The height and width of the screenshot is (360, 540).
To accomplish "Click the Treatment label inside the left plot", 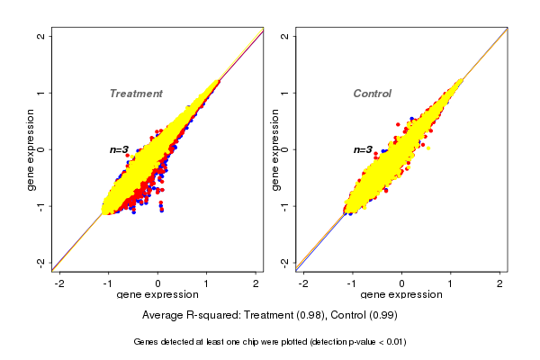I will (136, 94).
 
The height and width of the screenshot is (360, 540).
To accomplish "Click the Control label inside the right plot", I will (372, 94).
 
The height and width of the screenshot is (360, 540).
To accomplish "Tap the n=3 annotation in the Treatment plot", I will (120, 149).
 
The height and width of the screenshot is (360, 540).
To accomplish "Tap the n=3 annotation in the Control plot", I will (363, 149).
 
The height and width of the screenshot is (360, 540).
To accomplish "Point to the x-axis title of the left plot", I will (157, 295).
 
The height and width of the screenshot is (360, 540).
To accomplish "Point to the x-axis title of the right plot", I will (401, 295).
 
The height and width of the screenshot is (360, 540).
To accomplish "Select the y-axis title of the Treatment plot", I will (31, 149).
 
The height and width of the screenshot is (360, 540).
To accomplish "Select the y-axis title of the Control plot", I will (274, 149).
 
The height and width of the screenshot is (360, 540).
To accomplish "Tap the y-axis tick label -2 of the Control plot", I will (285, 262).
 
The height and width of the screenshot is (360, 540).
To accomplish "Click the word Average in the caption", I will (164, 316).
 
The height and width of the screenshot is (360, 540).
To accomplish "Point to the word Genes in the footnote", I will (147, 342).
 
